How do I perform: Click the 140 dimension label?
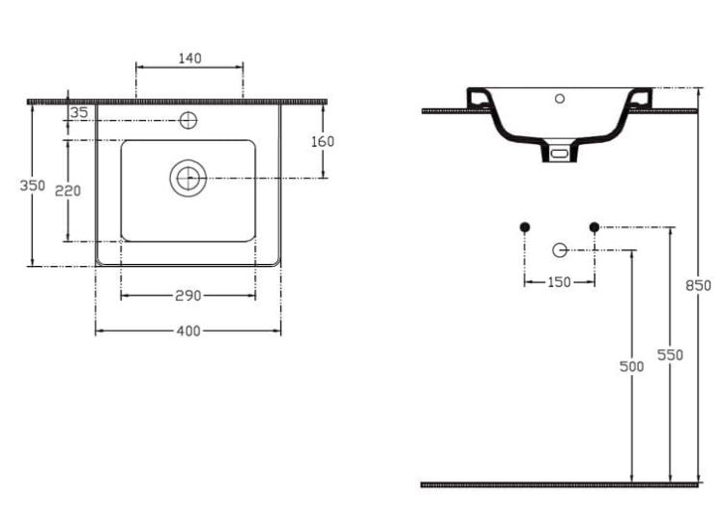click(x=189, y=58)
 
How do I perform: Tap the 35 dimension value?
click(x=78, y=112)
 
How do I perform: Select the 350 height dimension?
click(x=32, y=185)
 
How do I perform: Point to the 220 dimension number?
click(x=68, y=190)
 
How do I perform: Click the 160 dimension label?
click(x=322, y=141)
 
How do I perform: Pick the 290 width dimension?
click(x=188, y=295)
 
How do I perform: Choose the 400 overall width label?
click(x=188, y=331)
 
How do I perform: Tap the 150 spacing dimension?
click(x=559, y=281)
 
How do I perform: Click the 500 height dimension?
click(x=631, y=366)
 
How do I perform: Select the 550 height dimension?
click(x=670, y=355)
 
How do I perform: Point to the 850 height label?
click(x=698, y=285)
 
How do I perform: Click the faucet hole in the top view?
click(x=188, y=120)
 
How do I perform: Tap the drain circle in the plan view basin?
click(x=188, y=178)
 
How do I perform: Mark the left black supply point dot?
click(x=524, y=227)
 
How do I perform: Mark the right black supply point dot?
click(x=594, y=227)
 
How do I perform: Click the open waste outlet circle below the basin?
click(x=560, y=249)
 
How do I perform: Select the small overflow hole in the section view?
click(x=560, y=99)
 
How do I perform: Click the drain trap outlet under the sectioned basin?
click(x=560, y=152)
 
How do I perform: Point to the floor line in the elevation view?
click(x=560, y=484)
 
